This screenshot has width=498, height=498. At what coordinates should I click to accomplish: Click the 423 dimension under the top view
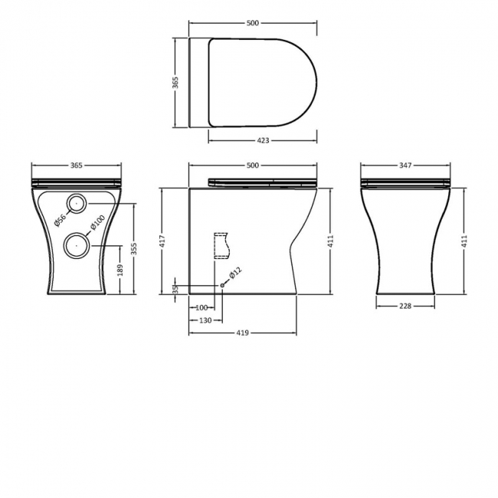(263, 140)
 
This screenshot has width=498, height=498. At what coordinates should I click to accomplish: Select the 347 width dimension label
(405, 165)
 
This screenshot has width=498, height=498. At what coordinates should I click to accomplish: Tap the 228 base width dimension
(405, 306)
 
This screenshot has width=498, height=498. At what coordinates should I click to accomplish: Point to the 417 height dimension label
(162, 242)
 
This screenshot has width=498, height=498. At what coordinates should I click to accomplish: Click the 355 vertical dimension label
(134, 249)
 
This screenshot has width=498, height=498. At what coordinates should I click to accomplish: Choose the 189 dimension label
(120, 270)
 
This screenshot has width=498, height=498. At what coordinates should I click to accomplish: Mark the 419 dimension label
(242, 333)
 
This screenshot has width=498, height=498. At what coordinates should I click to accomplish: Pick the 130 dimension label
(205, 320)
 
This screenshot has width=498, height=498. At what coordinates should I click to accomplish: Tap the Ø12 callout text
(235, 273)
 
